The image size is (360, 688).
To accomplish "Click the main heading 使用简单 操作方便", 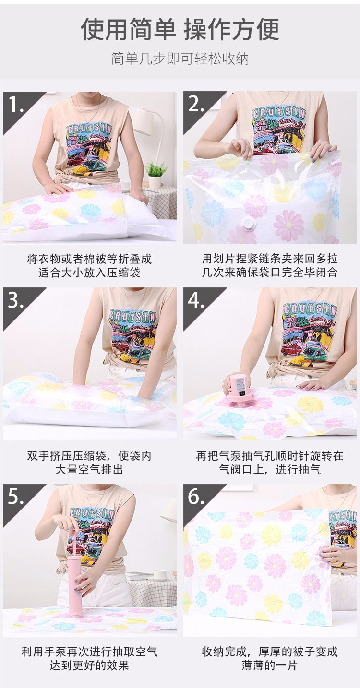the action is pyautogui.click(x=180, y=29).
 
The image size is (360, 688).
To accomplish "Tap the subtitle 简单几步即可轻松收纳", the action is pyautogui.click(x=180, y=59).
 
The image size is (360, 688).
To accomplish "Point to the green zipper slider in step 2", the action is pyautogui.click(x=247, y=161).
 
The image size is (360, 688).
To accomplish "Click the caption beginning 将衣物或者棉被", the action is pyautogui.click(x=89, y=266).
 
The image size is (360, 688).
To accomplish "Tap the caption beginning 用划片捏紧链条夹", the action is pyautogui.click(x=270, y=266).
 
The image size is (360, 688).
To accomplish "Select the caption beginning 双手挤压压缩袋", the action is pyautogui.click(x=89, y=462).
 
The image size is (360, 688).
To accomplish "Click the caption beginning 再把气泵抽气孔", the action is pyautogui.click(x=270, y=462).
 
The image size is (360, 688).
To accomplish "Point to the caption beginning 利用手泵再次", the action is pyautogui.click(x=89, y=658).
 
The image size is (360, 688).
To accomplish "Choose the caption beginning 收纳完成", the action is pyautogui.click(x=270, y=658).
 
